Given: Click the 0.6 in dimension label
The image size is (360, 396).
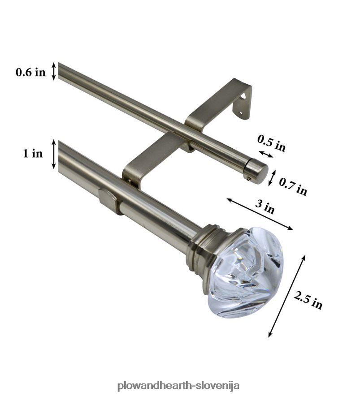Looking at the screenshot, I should [30, 72].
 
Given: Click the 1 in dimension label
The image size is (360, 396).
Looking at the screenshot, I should [33, 153].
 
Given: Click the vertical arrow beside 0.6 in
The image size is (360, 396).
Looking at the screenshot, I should [54, 71].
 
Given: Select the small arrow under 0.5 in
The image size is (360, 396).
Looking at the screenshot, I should [265, 155].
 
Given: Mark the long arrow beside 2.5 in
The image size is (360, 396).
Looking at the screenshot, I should [287, 296].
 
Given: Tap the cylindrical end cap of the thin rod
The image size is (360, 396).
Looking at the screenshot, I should [256, 172].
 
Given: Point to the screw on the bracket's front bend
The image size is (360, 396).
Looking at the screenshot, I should [129, 181].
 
